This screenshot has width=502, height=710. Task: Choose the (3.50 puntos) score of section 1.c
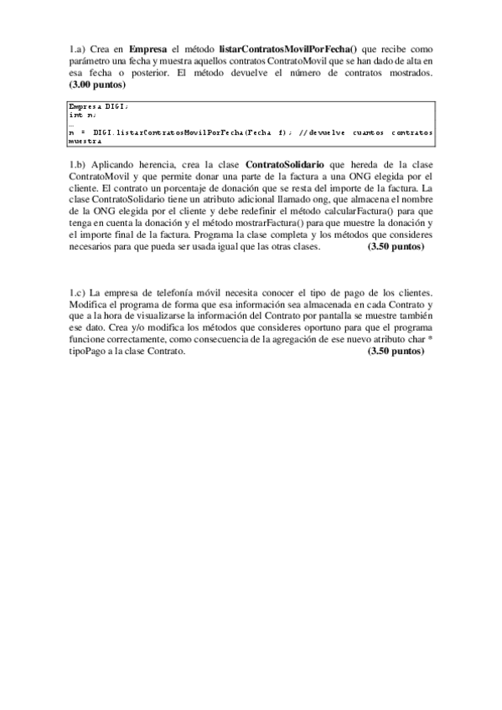coord(396,352)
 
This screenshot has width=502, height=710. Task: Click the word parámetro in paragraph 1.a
coord(93,62)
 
